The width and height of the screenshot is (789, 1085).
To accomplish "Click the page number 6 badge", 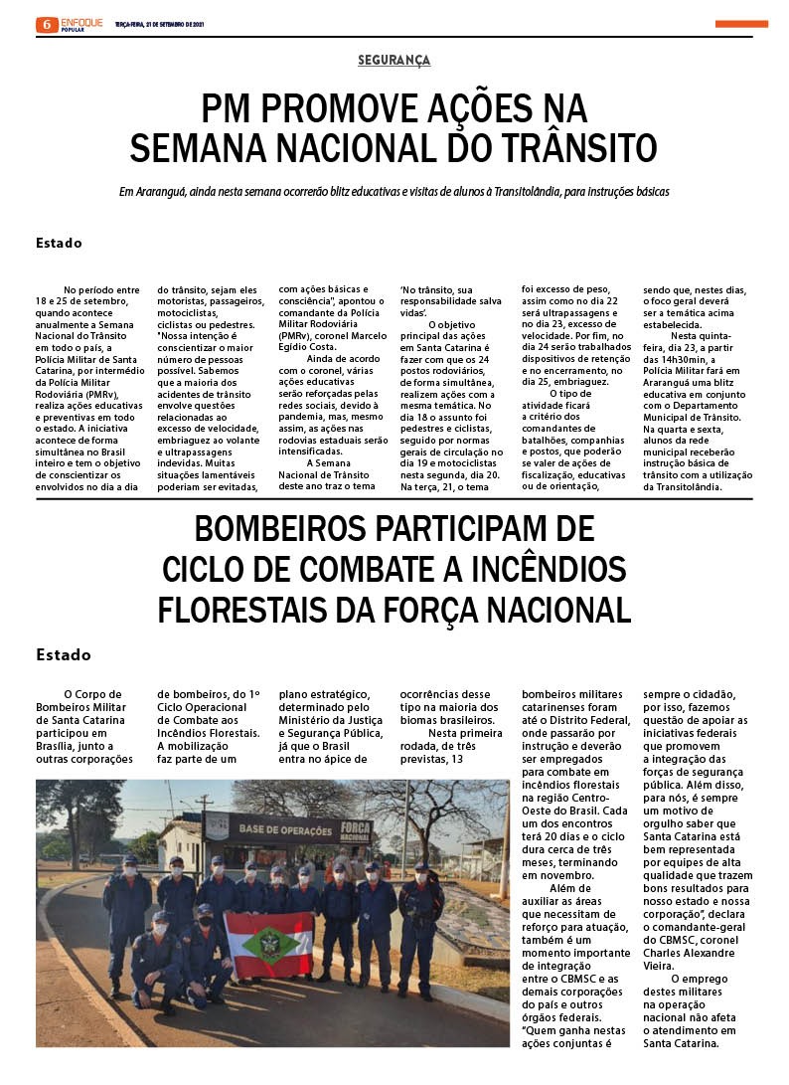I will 47,24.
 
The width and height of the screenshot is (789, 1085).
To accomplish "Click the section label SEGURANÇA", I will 394,61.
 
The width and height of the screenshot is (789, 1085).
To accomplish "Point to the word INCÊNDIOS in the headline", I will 544,569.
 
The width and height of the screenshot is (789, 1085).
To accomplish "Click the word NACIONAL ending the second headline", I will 544,609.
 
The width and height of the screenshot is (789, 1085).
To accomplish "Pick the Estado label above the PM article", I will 59,243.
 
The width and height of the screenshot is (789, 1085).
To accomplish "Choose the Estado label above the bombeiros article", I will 63,654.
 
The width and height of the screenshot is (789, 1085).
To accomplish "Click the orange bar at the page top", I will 741,24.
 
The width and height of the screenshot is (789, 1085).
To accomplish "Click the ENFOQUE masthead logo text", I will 81,21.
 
